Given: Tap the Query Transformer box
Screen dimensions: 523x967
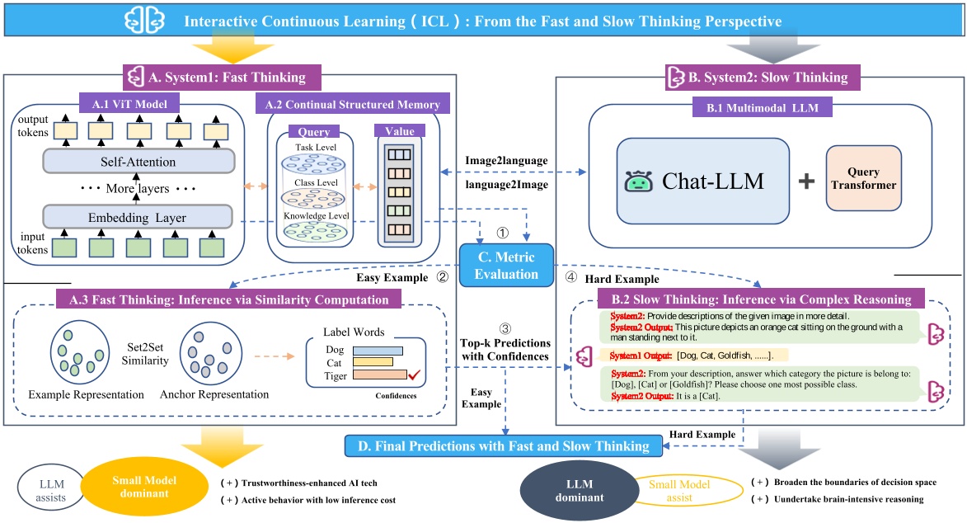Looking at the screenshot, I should tap(857, 179).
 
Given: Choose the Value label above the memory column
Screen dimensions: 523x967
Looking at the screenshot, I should tap(399, 130).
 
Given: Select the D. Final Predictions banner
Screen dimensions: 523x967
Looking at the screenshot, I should tap(496, 447).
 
